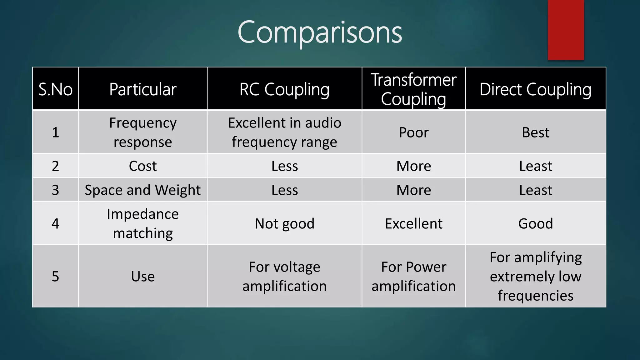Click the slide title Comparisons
pyautogui.click(x=320, y=32)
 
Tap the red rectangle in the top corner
pyautogui.click(x=566, y=30)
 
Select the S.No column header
pyautogui.click(x=55, y=89)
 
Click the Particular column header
pyautogui.click(x=143, y=89)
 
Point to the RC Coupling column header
pyautogui.click(x=284, y=89)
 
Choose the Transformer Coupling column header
pyautogui.click(x=413, y=89)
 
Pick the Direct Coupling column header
pyautogui.click(x=535, y=89)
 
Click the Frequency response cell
pyautogui.click(x=143, y=132)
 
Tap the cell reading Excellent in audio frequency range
pyautogui.click(x=284, y=132)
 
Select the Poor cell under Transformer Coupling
pyautogui.click(x=413, y=132)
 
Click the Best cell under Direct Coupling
pyautogui.click(x=535, y=132)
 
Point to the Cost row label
pyautogui.click(x=143, y=166)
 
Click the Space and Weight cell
pyautogui.click(x=143, y=190)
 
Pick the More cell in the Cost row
pyautogui.click(x=413, y=166)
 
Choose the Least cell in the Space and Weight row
pyautogui.click(x=535, y=190)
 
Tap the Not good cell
pyautogui.click(x=284, y=224)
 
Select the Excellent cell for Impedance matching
pyautogui.click(x=413, y=224)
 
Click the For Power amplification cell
pyautogui.click(x=413, y=276)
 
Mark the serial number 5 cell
pyautogui.click(x=55, y=276)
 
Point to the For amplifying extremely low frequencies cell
pyautogui.click(x=535, y=276)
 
